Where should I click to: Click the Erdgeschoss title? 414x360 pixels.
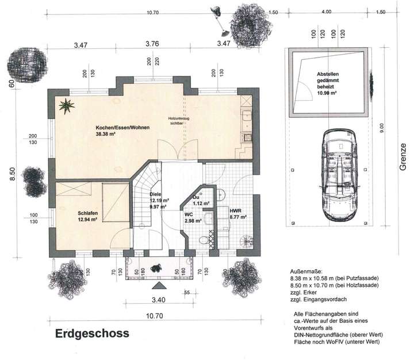pyautogui.click(x=92, y=333)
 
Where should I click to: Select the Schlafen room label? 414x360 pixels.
pyautogui.click(x=88, y=213)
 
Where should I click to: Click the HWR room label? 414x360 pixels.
pyautogui.click(x=236, y=211)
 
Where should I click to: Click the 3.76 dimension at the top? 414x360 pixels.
pyautogui.click(x=152, y=43)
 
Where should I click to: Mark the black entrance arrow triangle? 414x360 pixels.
pyautogui.click(x=157, y=285)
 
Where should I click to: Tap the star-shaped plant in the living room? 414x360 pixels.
pyautogui.click(x=67, y=105)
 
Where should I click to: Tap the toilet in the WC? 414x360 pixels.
pyautogui.click(x=202, y=240)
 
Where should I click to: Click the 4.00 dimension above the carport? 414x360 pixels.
pyautogui.click(x=326, y=12)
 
